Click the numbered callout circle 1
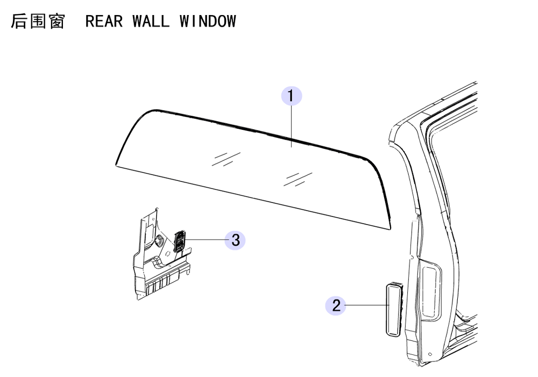coord(291,96)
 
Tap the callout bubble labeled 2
coord(336,305)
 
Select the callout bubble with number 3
coord(235,240)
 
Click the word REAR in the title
coord(104,22)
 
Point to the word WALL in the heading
coord(151,22)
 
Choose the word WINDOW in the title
coord(208,22)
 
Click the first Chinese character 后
coord(18,22)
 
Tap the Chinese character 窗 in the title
coord(56,22)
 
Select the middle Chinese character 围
coord(38,22)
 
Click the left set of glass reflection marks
coord(226,159)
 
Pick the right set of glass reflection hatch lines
coord(298,179)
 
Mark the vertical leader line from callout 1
coord(291,127)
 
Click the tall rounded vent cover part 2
coord(394,309)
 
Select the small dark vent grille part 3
coord(180,241)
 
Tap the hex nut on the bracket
coord(159,240)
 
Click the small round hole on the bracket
coord(168,254)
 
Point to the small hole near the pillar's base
coord(430,354)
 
